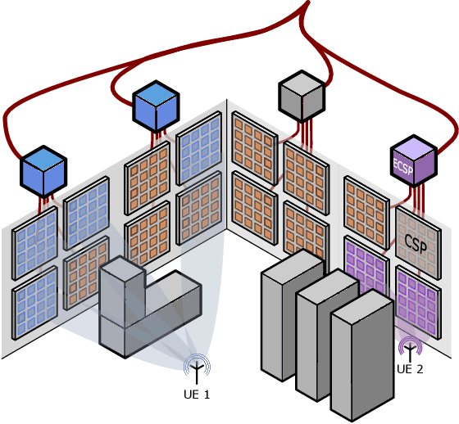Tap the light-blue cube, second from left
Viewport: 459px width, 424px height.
(x=156, y=104)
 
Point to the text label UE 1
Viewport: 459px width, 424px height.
(x=197, y=395)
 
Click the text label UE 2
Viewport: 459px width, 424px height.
(x=410, y=369)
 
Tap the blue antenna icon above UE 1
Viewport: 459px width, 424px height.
(x=197, y=368)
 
